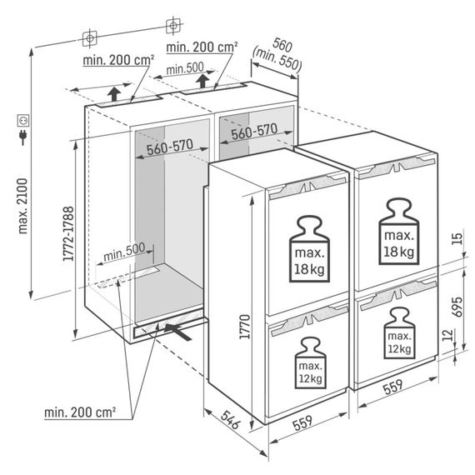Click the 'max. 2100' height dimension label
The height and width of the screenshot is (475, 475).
coord(23,206)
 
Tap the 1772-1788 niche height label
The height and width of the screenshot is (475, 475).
coord(68,233)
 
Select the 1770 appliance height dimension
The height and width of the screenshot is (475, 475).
coord(244,327)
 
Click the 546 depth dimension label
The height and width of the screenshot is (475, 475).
coord(230,419)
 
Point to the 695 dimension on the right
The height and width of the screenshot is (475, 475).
coord(457,307)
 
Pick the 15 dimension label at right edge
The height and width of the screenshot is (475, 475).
coord(457,238)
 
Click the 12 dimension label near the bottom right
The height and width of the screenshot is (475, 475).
coord(447,335)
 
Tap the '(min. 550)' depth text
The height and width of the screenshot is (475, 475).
coord(277,60)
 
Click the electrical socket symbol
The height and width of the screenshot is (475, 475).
coord(23,120)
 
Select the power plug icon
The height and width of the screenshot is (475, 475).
coord(23,137)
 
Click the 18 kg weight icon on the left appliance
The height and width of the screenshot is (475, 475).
coord(309,248)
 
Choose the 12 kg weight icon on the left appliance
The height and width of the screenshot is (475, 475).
coord(311,363)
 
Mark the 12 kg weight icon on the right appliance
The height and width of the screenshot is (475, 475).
coord(399,333)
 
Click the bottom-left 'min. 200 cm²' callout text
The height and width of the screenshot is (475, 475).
coord(80,412)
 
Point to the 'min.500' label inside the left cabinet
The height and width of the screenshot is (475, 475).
coord(124,252)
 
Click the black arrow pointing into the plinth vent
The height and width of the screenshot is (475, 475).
coord(177,332)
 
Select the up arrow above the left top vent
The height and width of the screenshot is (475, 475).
coord(114,93)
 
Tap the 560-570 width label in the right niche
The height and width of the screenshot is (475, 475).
coord(254,131)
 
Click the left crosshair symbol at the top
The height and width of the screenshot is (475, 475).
coord(90,38)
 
